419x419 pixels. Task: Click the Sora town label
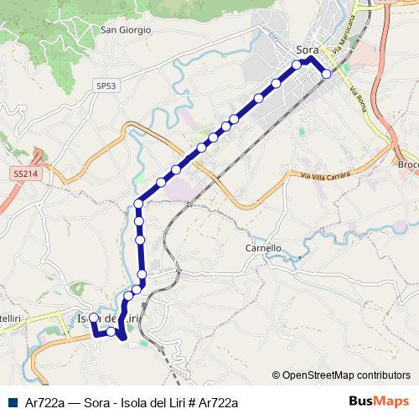tap(306, 49)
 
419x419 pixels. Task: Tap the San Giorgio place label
tap(126, 29)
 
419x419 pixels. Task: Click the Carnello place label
tap(262, 248)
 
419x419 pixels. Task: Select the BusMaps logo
tap(379, 401)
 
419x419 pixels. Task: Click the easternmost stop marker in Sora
tap(327, 74)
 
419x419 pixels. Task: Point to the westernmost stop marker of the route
tap(94, 318)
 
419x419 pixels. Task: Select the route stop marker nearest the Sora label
tap(297, 65)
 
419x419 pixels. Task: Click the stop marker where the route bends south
tap(139, 204)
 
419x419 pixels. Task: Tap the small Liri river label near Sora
tap(273, 37)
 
